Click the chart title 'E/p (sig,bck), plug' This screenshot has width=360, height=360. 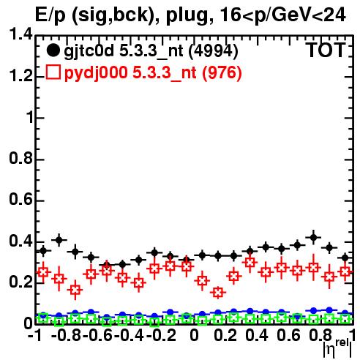[124, 15]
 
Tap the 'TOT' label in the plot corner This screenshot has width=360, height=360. [326, 50]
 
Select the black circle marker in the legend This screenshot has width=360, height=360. [53, 50]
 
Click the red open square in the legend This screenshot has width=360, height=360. [53, 72]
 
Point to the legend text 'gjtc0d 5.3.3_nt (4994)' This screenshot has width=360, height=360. [151, 51]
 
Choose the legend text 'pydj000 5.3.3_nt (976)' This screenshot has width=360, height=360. [153, 73]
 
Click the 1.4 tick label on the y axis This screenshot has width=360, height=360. [21, 34]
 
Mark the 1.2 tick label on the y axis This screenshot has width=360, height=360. [21, 76]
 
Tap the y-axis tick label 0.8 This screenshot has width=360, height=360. [21, 158]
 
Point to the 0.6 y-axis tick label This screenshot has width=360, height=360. [21, 200]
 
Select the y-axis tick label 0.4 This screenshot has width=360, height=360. [21, 241]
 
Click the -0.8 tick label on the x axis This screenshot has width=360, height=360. [66, 335]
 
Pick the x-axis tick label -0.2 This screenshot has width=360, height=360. [161, 335]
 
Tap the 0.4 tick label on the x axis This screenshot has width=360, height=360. [257, 335]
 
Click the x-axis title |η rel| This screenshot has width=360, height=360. [337, 348]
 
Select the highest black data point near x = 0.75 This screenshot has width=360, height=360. [313, 237]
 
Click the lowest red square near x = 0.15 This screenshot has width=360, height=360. [218, 292]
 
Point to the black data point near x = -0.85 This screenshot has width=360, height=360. [59, 240]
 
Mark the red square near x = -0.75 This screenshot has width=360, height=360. [75, 290]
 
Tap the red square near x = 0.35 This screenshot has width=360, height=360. [250, 263]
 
